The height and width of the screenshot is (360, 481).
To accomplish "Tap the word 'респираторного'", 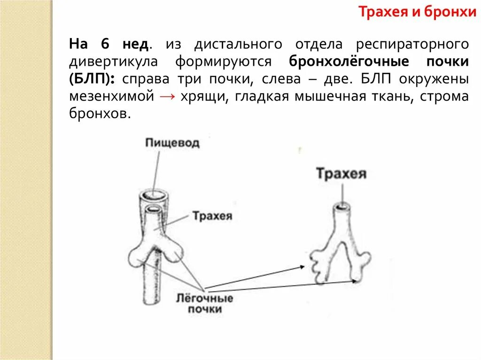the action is coord(412,45).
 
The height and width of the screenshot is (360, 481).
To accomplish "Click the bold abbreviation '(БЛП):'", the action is coord(92,79).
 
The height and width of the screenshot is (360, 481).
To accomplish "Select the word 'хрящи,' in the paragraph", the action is coord(199,97).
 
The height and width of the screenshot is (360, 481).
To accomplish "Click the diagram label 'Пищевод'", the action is coord(172,143).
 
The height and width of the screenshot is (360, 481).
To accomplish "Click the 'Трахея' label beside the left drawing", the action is coord(212,216).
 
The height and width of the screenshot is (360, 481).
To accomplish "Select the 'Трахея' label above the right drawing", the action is coord(341,174).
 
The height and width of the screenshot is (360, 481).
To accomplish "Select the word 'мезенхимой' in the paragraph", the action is coord(112,97).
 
